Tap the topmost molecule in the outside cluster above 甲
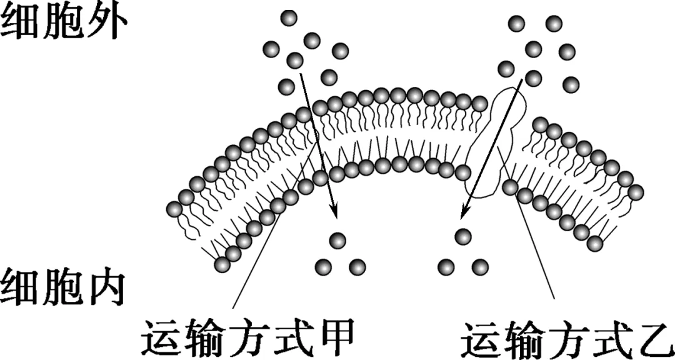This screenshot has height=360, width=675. (x=289, y=18)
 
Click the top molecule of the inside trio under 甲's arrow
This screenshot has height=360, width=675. (x=337, y=239)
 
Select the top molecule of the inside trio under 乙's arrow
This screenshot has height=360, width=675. (x=462, y=236)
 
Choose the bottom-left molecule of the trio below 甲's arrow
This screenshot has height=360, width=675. (x=322, y=267)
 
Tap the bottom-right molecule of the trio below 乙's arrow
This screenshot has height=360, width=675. (x=480, y=266)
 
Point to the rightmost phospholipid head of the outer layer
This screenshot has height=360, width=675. (x=636, y=192)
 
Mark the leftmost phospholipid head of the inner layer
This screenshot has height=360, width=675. (x=222, y=264)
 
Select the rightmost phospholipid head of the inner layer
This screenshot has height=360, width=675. (x=595, y=242)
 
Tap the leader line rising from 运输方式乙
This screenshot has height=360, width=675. (x=537, y=250)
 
